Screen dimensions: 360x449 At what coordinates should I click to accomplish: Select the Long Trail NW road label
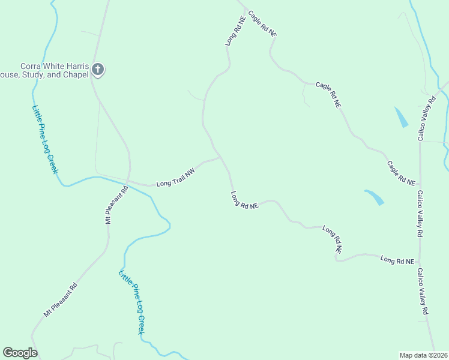point(176,179)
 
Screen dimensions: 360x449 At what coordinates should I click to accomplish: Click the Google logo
point(20,353)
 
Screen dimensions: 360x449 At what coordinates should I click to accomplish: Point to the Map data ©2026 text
point(423,355)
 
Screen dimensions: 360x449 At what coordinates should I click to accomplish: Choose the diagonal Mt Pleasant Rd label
point(61,299)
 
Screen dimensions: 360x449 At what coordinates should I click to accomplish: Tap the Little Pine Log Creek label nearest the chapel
point(45,139)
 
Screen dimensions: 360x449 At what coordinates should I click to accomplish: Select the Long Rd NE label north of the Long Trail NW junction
point(235,31)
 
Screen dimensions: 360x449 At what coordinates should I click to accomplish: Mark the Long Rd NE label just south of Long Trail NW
point(244,200)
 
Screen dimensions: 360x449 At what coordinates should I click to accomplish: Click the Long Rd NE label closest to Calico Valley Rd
point(397,260)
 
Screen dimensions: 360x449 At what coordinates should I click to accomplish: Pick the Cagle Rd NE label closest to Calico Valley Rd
point(401,173)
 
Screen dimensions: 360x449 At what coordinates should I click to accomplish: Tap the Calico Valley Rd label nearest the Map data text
point(423,292)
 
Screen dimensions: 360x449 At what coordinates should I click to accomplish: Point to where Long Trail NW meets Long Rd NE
point(221,157)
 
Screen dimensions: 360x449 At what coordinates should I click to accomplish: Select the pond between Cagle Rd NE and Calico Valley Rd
point(401,117)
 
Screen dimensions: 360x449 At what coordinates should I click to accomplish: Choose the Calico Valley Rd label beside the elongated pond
point(427,118)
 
